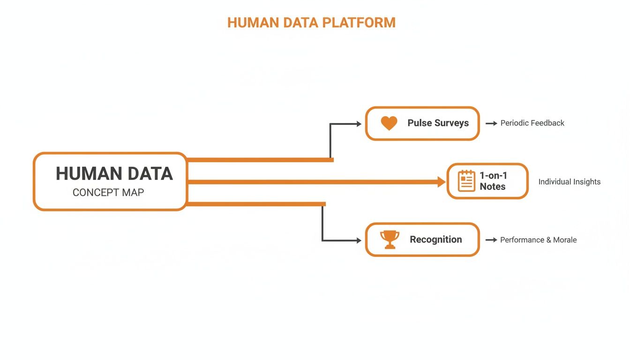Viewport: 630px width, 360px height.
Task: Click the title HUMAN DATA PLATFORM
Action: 311,22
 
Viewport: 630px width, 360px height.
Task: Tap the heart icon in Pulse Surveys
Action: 389,123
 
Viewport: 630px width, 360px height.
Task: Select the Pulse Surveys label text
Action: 438,123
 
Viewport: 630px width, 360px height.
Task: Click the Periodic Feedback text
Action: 532,123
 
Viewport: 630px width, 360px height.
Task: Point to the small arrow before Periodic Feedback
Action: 491,123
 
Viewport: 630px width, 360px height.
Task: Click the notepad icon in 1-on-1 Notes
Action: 466,181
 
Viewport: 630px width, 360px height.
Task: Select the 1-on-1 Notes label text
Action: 493,181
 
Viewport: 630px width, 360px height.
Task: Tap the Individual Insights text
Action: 569,182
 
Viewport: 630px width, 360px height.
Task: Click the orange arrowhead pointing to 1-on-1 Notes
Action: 441,182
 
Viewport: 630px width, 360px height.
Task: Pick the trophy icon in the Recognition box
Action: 390,240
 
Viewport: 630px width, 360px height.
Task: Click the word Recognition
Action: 435,240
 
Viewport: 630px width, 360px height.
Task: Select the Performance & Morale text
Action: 538,240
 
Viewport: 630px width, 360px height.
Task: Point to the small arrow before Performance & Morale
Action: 491,240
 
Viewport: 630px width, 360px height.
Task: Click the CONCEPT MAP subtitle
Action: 108,193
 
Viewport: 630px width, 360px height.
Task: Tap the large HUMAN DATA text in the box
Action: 114,173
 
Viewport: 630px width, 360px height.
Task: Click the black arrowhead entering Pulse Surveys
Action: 359,124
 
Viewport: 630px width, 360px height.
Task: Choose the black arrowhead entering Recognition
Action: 359,240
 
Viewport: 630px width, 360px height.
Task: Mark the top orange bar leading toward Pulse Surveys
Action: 260,160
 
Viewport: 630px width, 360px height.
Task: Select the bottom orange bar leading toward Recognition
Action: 256,204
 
